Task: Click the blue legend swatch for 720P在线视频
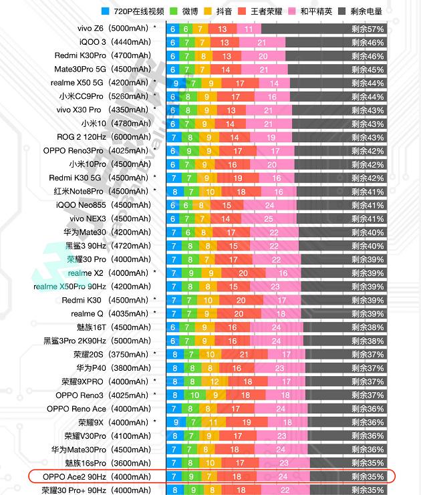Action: coord(106,11)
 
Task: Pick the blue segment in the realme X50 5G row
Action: coord(176,83)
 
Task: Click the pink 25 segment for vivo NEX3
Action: coord(269,218)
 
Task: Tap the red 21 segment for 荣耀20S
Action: coord(244,354)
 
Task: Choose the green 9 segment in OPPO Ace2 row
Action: coord(191,476)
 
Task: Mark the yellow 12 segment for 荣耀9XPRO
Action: coord(215,381)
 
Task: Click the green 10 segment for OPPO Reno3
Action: coord(195,395)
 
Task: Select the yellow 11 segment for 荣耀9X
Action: coord(213,422)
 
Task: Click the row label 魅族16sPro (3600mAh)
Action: coord(108,463)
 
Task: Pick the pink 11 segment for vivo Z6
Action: coord(249,29)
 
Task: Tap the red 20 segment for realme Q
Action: coord(239,313)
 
